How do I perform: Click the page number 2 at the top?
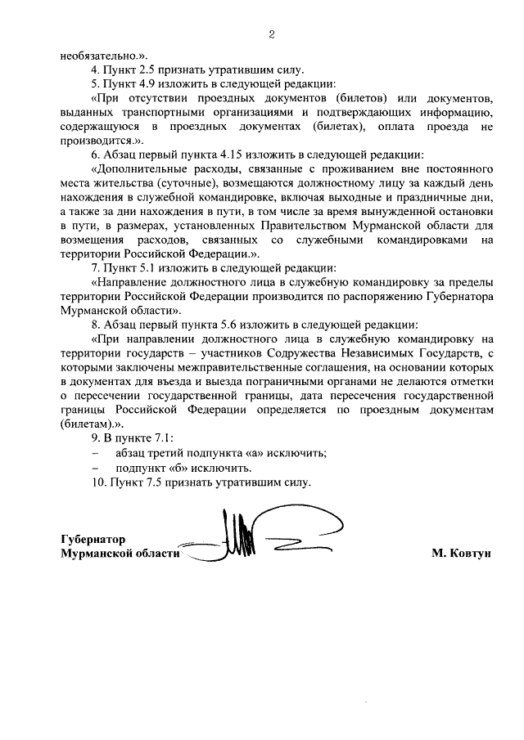270,35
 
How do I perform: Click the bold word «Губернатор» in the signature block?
93,540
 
